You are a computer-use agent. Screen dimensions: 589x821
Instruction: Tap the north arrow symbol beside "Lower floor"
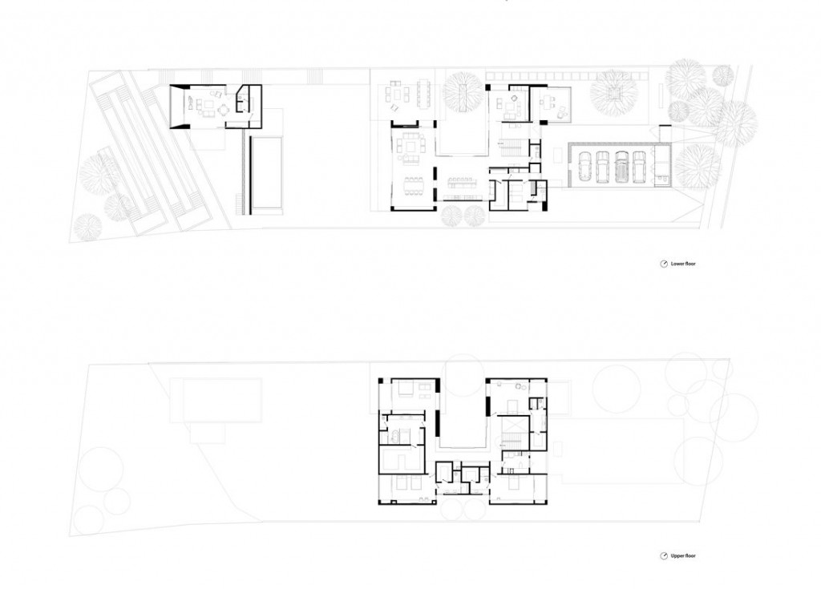(663, 264)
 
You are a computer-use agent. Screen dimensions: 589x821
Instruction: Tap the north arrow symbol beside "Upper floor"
(663, 555)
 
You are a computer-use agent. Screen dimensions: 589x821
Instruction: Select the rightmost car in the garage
(639, 166)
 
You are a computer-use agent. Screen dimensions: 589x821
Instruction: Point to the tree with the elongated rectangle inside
(463, 93)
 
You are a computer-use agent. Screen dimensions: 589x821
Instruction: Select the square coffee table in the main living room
(410, 147)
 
